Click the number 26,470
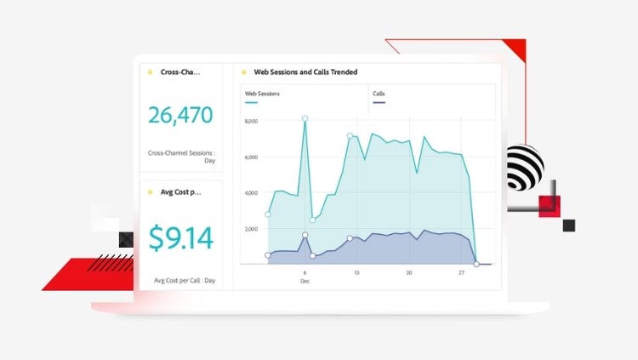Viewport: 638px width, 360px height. click(x=180, y=115)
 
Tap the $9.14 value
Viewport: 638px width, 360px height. click(x=180, y=238)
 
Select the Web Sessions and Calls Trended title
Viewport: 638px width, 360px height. click(x=305, y=72)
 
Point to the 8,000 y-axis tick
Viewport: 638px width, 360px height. click(x=250, y=122)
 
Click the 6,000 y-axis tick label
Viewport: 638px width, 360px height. click(x=250, y=157)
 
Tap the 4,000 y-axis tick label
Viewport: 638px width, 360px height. click(x=250, y=193)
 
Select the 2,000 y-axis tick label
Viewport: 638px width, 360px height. click(x=250, y=229)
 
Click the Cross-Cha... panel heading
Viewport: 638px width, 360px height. click(x=180, y=72)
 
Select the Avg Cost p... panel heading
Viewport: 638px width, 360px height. click(x=180, y=191)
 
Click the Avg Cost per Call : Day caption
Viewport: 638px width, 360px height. click(x=185, y=280)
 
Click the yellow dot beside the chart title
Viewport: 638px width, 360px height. click(x=245, y=72)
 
